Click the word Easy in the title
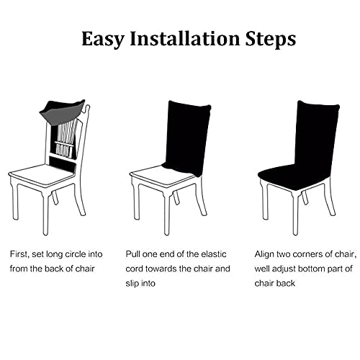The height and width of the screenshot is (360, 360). click(x=103, y=40)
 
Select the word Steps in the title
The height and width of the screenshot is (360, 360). click(x=271, y=40)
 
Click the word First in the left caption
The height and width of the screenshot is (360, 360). click(x=19, y=254)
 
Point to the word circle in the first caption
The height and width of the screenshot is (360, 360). click(x=73, y=254)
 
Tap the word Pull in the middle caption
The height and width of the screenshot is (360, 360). click(x=132, y=254)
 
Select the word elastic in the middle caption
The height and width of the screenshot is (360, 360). click(x=214, y=254)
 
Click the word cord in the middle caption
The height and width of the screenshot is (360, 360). click(x=134, y=269)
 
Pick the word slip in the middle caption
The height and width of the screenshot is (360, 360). click(x=132, y=284)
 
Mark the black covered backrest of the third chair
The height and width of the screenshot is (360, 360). click(x=317, y=135)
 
